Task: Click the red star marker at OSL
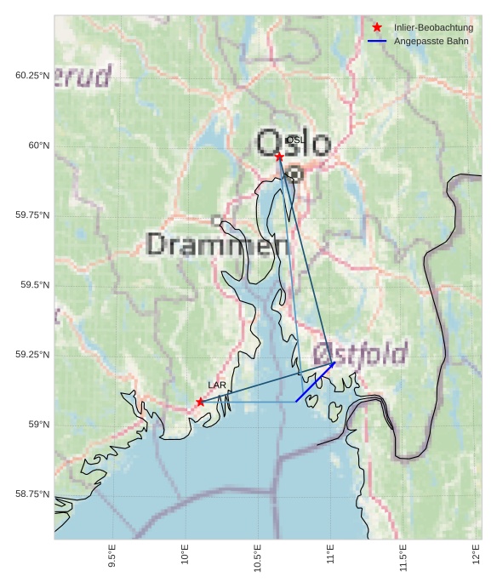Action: (x=279, y=156)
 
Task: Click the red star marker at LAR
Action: (x=200, y=402)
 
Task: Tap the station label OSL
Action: (x=294, y=140)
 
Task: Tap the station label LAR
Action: (x=217, y=385)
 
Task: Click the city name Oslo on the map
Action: (x=293, y=143)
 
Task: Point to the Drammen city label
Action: (x=218, y=245)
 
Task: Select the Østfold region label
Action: (x=360, y=354)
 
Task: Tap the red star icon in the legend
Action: (x=377, y=27)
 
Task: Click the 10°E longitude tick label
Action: (x=186, y=557)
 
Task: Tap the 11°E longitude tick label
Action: (x=331, y=557)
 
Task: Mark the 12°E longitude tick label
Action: (x=477, y=557)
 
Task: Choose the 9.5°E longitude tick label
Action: (x=112, y=557)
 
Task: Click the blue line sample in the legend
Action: (x=377, y=41)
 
